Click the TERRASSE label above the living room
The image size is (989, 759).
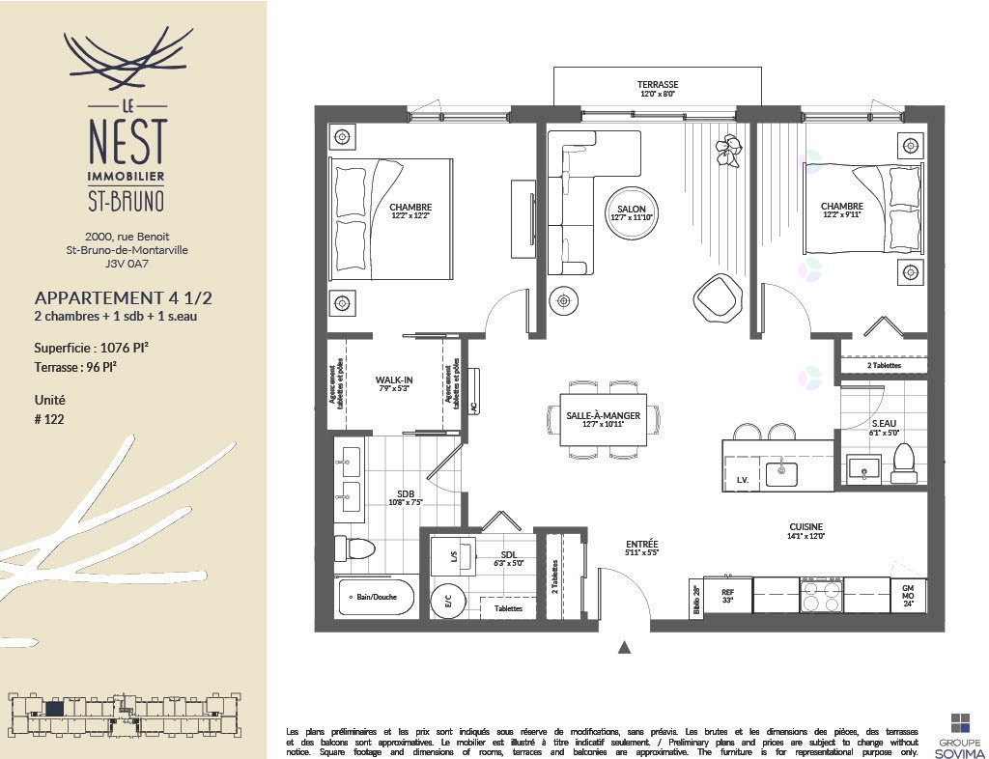click(658, 85)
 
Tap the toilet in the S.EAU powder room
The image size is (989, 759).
click(904, 463)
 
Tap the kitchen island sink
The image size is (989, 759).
click(780, 472)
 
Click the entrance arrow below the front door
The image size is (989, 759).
click(625, 647)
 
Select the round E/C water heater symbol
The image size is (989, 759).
click(447, 601)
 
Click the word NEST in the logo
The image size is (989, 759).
click(126, 143)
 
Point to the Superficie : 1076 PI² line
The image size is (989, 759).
click(91, 348)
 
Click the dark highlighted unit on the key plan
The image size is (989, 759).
click(55, 709)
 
